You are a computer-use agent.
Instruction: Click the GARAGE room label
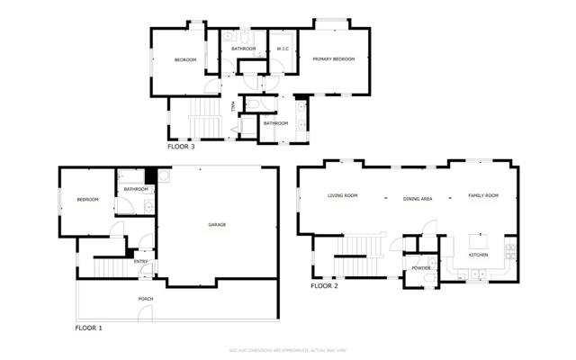pyautogui.click(x=217, y=224)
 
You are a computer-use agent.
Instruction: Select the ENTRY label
pyautogui.click(x=141, y=262)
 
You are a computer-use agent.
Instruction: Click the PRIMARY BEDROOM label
pyautogui.click(x=333, y=59)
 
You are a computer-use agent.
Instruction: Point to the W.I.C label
pyautogui.click(x=283, y=49)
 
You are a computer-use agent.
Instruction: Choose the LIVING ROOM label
pyautogui.click(x=342, y=195)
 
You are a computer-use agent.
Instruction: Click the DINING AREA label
pyautogui.click(x=418, y=198)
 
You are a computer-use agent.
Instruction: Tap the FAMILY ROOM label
pyautogui.click(x=482, y=195)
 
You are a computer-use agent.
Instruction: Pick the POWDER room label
pyautogui.click(x=421, y=268)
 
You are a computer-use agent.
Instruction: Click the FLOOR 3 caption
pyautogui.click(x=181, y=145)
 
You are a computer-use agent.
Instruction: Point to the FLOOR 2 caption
pyautogui.click(x=324, y=286)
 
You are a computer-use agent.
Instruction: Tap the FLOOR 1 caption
pyautogui.click(x=88, y=328)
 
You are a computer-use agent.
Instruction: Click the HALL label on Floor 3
pyautogui.click(x=233, y=106)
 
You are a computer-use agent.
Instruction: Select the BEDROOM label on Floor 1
pyautogui.click(x=87, y=200)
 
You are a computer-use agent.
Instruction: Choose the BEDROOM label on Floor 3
pyautogui.click(x=185, y=59)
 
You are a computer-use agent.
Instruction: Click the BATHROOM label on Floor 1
pyautogui.click(x=136, y=189)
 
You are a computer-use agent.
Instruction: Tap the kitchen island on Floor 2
pyautogui.click(x=476, y=241)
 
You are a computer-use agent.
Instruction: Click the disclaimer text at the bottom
pyautogui.click(x=288, y=350)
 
